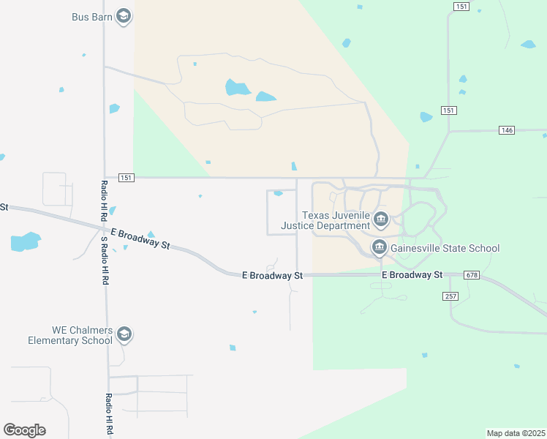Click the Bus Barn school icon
124,17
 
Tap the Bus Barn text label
91,16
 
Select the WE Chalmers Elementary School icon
124,334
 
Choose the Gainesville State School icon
379,248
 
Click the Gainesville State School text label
445,248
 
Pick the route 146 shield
507,130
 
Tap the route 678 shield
472,275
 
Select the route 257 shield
450,296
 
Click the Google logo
24,429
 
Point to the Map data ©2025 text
516,433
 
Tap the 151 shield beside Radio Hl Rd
126,177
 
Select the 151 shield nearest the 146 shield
449,110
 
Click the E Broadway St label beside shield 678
412,275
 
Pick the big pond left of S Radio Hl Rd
24,241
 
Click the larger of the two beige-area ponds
237,89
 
